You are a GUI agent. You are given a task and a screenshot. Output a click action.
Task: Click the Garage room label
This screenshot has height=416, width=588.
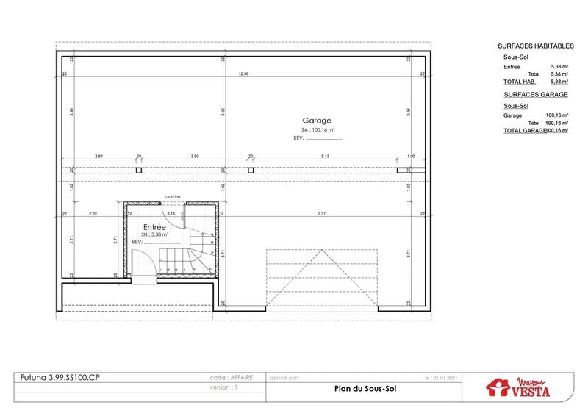coord(317,121)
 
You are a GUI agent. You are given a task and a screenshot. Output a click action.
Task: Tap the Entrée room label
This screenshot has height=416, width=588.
coord(154,227)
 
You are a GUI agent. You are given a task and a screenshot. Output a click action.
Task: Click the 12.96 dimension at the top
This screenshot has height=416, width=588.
coord(243,74)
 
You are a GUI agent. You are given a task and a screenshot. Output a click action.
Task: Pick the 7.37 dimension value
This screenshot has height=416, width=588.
coord(321,213)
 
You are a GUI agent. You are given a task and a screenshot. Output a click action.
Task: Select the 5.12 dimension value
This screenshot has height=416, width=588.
coord(324,156)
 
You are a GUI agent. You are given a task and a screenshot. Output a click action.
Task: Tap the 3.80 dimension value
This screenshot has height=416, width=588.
coord(195,156)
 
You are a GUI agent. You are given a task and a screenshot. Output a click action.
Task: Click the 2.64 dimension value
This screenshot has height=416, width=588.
coord(98,156)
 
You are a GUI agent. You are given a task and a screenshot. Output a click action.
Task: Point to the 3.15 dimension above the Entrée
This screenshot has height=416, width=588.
coord(171,213)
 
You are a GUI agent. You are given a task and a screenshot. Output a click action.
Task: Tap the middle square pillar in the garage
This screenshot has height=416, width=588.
coord(251,170)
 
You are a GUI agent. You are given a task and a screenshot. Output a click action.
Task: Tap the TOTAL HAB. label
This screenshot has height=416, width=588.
coord(519,82)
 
